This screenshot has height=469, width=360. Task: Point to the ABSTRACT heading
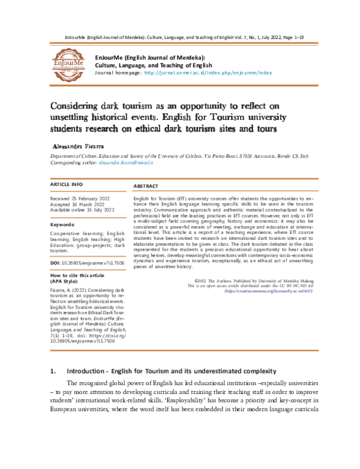(x=146, y=187)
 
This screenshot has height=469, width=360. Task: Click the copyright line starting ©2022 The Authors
(x=250, y=280)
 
